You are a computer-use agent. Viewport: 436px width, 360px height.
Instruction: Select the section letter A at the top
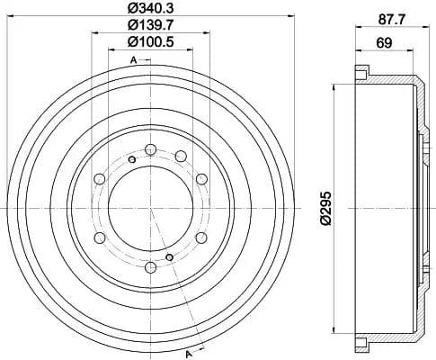[133, 59]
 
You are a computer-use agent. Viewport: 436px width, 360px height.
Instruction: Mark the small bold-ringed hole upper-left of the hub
[132, 160]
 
